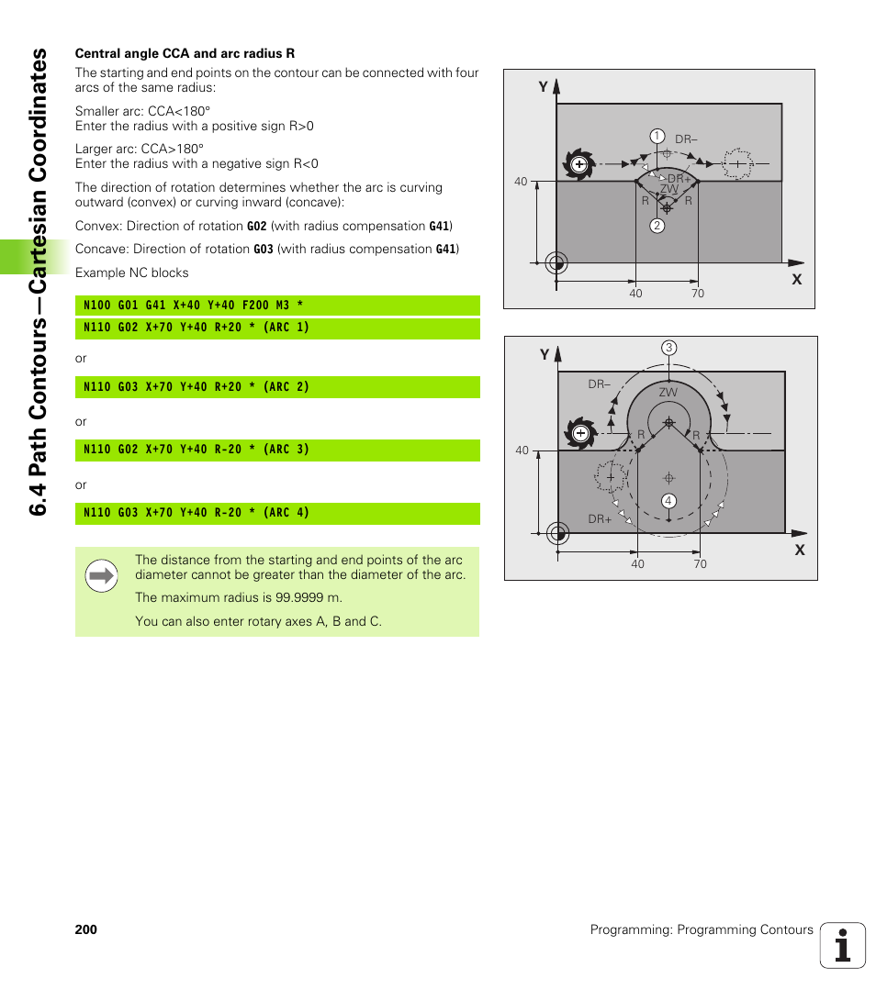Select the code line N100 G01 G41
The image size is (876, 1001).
(x=193, y=305)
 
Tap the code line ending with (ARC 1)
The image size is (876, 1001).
(x=196, y=328)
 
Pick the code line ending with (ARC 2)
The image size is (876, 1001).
(x=196, y=387)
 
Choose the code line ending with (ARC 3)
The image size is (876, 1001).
(x=196, y=450)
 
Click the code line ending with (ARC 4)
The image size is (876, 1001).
(x=196, y=513)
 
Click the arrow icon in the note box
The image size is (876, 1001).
(x=101, y=576)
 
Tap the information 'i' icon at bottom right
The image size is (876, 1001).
(x=843, y=945)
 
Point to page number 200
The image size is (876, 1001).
(x=86, y=929)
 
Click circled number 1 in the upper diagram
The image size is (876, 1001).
(x=657, y=136)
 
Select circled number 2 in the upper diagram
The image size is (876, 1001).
(x=657, y=226)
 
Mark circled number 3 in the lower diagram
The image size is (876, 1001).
(x=669, y=348)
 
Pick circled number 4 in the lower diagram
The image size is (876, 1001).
(x=669, y=500)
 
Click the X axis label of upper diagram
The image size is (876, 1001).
(x=796, y=279)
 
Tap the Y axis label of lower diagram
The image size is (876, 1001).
(x=545, y=355)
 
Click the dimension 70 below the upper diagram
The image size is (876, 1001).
(x=698, y=294)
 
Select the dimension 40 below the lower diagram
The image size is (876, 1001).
(x=637, y=564)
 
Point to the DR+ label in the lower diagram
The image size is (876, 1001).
(x=600, y=519)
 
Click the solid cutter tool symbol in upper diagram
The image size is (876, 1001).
(x=578, y=164)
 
